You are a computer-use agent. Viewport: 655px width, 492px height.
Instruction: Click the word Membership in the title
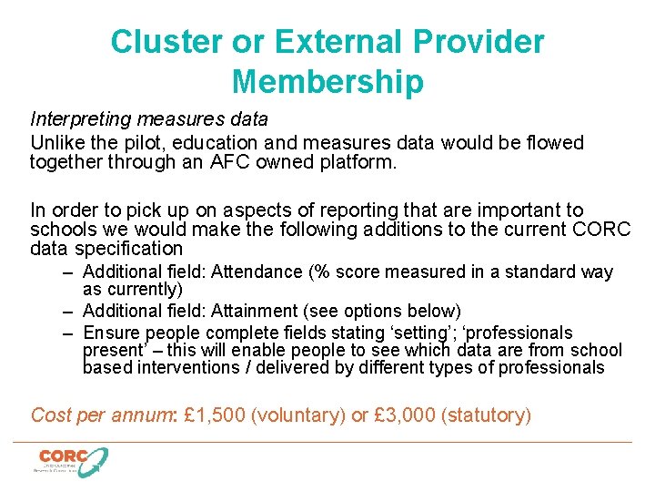(x=327, y=82)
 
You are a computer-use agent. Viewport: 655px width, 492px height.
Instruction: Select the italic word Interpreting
(x=77, y=119)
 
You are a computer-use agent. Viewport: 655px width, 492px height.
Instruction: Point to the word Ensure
(x=109, y=332)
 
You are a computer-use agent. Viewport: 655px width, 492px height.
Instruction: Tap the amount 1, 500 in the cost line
(x=214, y=415)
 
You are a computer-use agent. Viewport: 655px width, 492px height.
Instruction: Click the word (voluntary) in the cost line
(x=297, y=415)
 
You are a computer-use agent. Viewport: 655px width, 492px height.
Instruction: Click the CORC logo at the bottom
(x=71, y=460)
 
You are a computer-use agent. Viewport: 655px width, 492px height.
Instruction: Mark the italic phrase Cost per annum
(x=102, y=415)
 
